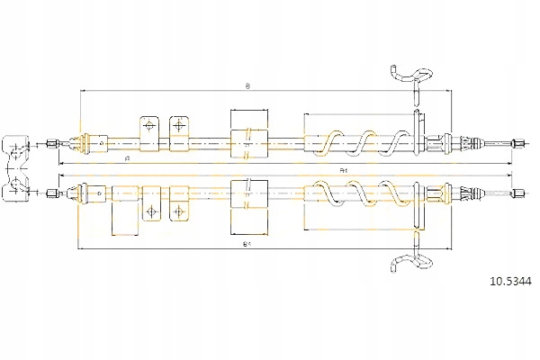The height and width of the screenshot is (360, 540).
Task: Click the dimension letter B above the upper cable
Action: [x=247, y=86]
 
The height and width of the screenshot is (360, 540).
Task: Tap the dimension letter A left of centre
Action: [x=127, y=159]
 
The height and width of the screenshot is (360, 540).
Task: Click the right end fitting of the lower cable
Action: [x=519, y=192]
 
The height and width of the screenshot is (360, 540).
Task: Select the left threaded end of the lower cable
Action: [x=56, y=192]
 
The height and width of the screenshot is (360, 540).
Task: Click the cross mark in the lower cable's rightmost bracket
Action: [x=180, y=211]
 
